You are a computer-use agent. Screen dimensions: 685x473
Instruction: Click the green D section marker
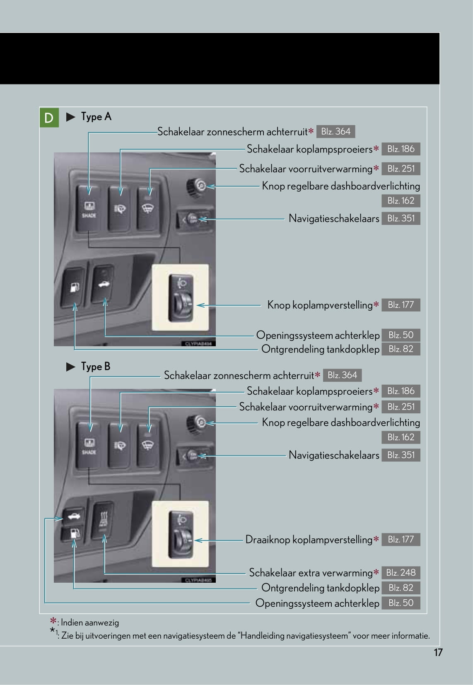[x=49, y=118]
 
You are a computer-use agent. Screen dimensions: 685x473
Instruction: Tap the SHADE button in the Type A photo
[x=89, y=208]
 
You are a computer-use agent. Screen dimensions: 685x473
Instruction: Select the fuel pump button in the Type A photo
[x=74, y=287]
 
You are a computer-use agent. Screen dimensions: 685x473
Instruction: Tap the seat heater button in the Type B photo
[x=102, y=520]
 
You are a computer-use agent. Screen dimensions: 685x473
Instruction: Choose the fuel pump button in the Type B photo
[x=73, y=534]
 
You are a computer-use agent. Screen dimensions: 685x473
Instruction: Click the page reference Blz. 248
[x=401, y=572]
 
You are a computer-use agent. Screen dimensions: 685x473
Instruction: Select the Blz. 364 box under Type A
[x=335, y=132]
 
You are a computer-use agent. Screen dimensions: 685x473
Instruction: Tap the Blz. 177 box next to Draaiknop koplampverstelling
[x=401, y=539]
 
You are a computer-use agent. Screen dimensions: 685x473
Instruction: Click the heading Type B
[x=95, y=367]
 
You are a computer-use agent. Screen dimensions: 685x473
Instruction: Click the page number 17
[x=438, y=652]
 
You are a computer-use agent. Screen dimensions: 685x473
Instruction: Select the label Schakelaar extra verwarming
[x=311, y=573]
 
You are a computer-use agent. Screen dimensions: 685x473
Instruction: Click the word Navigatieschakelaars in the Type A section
[x=333, y=218]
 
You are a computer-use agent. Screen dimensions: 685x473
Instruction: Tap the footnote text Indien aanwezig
[x=90, y=622]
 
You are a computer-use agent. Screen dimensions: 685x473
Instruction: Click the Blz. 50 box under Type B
[x=401, y=603]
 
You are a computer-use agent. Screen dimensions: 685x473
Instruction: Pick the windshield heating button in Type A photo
[x=147, y=208]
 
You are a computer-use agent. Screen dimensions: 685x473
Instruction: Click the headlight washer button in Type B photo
[x=119, y=445]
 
